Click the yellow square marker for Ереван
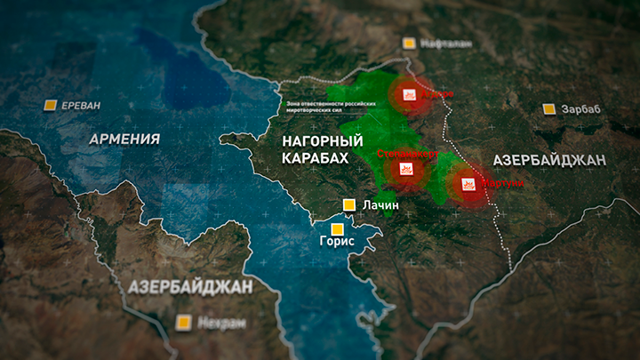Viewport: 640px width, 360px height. point(51,105)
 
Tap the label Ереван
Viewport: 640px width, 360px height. point(81,105)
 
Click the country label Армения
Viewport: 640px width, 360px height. point(124,139)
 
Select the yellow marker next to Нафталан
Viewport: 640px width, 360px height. point(409,43)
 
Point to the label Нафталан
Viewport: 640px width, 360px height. point(447,43)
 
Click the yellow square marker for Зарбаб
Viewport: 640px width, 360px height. point(549,109)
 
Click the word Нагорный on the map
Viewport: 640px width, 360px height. point(322,141)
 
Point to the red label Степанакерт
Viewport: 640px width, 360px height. point(408,153)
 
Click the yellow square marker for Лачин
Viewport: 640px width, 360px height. point(350,204)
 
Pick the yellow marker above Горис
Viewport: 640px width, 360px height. point(337,228)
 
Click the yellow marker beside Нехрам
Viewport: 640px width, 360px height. point(185,321)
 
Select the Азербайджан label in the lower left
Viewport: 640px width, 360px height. point(190,286)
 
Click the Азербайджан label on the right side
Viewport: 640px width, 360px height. point(549,159)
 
